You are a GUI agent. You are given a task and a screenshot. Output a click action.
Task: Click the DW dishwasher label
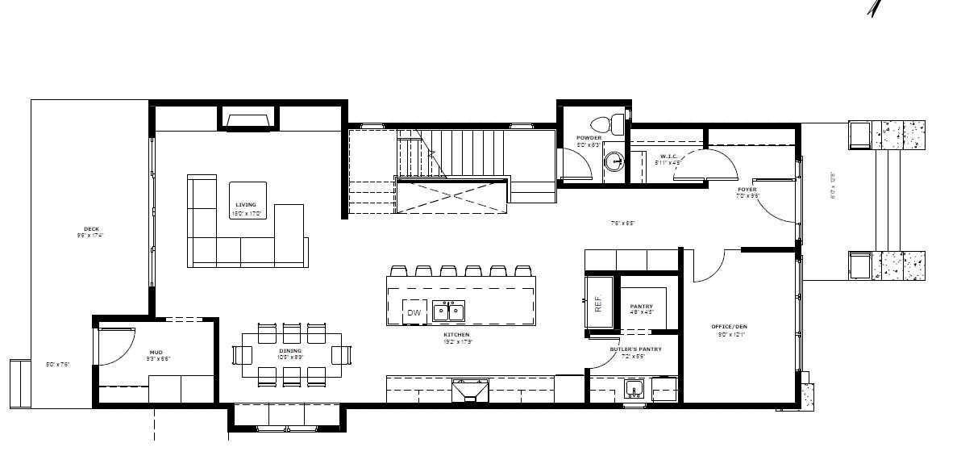coord(414,312)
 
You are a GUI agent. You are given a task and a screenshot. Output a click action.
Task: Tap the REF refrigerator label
coord(598,303)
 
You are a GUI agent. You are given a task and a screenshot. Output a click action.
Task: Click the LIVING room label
coord(246,205)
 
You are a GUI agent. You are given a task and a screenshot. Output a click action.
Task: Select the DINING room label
coord(290,351)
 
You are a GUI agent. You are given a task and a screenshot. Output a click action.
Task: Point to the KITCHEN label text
coord(456,334)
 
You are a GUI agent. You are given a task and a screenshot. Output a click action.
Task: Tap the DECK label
coord(91,229)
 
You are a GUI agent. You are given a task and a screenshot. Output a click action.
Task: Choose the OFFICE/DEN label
coord(729,327)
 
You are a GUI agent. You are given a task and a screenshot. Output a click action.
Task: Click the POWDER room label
coord(589,138)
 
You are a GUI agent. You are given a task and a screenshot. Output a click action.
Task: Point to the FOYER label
coord(747,190)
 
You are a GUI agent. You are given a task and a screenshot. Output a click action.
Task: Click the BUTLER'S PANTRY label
coord(635,349)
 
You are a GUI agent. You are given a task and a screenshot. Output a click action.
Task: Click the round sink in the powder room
coord(615,161)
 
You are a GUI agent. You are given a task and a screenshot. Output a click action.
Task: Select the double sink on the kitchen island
coord(448,311)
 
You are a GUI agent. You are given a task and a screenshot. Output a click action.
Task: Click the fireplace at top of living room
coord(248,121)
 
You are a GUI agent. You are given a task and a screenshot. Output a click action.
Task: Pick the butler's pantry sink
coord(634,391)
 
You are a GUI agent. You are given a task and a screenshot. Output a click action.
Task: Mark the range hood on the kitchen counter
coord(470,391)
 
